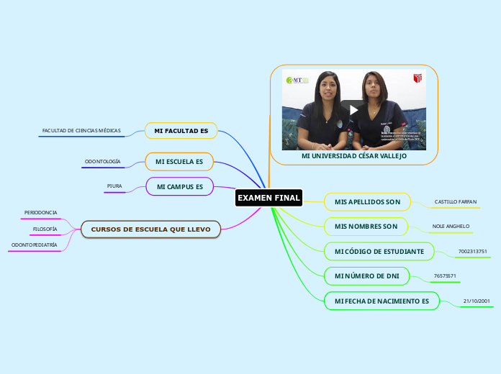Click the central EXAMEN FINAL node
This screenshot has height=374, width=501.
click(268, 198)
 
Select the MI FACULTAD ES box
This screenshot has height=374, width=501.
click(181, 131)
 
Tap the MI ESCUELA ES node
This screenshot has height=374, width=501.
click(179, 162)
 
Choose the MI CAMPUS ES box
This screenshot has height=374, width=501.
click(180, 186)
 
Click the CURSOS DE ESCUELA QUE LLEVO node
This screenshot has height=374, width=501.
click(150, 229)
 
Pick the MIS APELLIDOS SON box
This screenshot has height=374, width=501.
click(367, 202)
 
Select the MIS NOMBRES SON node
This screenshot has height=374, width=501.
click(366, 227)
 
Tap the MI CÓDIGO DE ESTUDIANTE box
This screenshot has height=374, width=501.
click(379, 251)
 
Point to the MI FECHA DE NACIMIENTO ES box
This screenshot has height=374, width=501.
click(382, 300)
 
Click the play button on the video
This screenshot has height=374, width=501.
click(353, 109)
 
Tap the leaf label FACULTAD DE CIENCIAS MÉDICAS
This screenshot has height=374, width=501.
click(81, 131)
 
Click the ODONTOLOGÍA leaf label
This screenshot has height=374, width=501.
click(102, 162)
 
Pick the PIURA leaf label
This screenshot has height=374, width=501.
click(114, 186)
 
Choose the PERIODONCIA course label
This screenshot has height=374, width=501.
click(40, 213)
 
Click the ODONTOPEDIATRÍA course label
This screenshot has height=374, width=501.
click(34, 245)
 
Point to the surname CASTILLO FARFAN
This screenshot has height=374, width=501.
click(456, 201)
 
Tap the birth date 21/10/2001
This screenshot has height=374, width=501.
click(477, 300)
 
